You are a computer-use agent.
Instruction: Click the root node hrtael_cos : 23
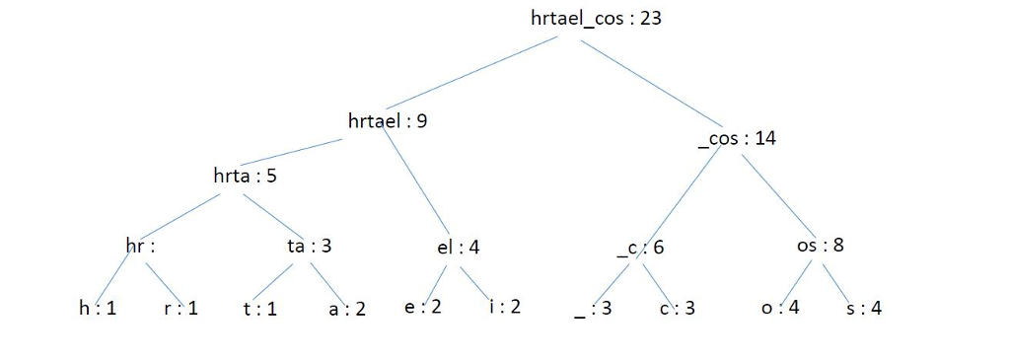595,19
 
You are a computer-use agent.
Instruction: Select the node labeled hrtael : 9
388,121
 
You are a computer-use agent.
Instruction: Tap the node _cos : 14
736,138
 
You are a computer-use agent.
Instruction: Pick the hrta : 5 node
245,177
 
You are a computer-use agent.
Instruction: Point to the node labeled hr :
140,246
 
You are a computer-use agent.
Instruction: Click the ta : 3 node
309,246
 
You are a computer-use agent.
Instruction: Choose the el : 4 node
458,247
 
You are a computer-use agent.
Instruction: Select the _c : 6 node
640,247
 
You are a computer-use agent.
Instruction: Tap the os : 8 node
820,245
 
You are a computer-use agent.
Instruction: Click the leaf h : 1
98,308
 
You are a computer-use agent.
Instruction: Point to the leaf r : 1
180,308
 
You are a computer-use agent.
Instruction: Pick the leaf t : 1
259,308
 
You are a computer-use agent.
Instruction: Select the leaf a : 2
347,308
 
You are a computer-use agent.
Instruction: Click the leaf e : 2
423,306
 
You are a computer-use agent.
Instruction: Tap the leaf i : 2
505,306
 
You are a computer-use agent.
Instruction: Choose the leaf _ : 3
593,308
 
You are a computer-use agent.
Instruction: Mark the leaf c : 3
677,308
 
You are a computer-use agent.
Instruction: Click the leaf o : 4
779,307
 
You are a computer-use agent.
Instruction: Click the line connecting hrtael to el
415,182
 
